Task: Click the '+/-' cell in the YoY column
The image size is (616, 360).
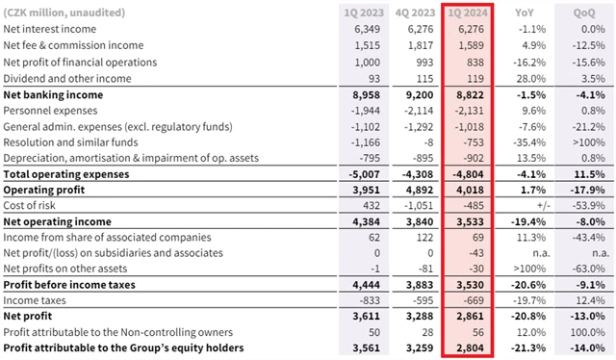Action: [x=544, y=206]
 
